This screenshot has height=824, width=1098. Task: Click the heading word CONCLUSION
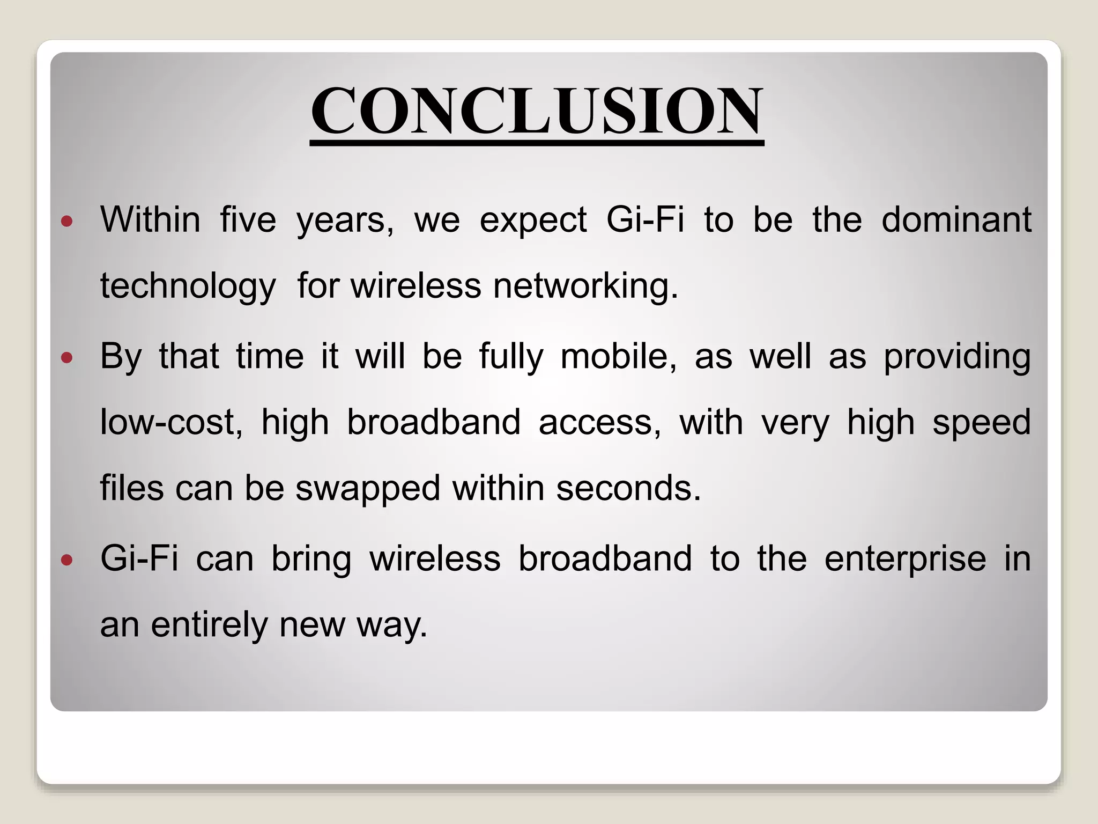coord(537,111)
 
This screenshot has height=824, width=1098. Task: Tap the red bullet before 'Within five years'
coord(67,221)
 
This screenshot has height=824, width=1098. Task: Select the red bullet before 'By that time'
coord(67,358)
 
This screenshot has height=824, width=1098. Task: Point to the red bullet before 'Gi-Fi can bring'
coord(67,561)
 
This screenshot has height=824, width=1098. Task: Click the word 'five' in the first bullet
coord(248,220)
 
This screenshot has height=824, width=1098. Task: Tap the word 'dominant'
coord(956,220)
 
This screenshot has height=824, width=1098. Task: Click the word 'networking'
coord(582,286)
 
